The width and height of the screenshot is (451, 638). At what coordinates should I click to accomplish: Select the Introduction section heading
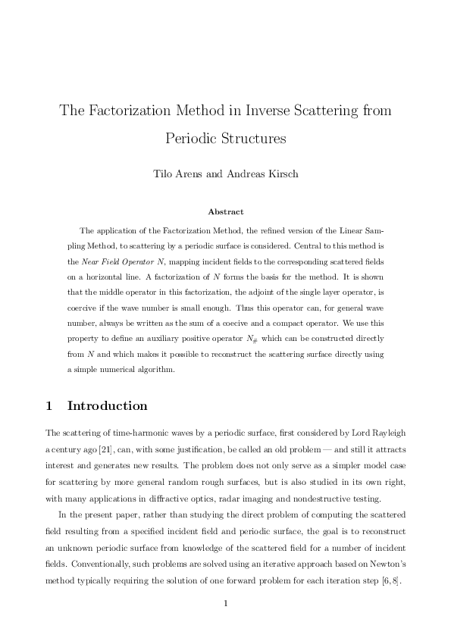pyautogui.click(x=107, y=406)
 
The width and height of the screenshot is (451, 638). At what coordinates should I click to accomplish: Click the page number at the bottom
pyautogui.click(x=225, y=604)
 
